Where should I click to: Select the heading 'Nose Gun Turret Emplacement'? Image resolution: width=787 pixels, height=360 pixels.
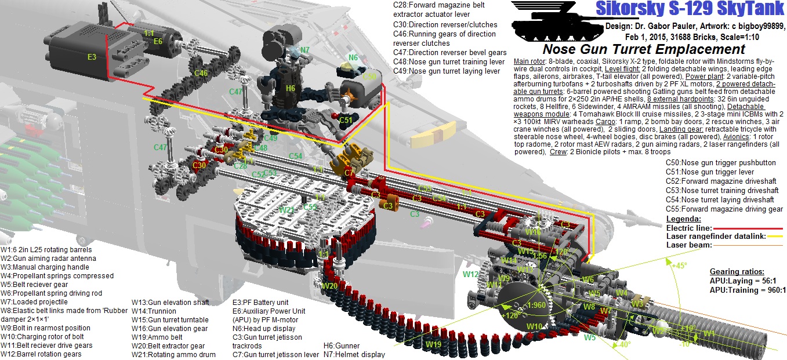pyautogui.click(x=644, y=50)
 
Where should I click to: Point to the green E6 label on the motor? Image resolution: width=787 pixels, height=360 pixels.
pyautogui.click(x=158, y=41)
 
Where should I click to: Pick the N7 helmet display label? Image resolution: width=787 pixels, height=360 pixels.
pyautogui.click(x=304, y=50)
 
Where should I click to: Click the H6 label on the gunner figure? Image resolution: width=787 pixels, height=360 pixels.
pyautogui.click(x=291, y=88)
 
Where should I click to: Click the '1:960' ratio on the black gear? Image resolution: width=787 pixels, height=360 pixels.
pyautogui.click(x=521, y=305)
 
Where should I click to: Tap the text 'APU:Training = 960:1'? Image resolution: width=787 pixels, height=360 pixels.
pyautogui.click(x=748, y=290)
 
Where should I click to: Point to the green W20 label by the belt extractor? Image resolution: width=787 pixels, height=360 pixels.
pyautogui.click(x=329, y=286)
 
